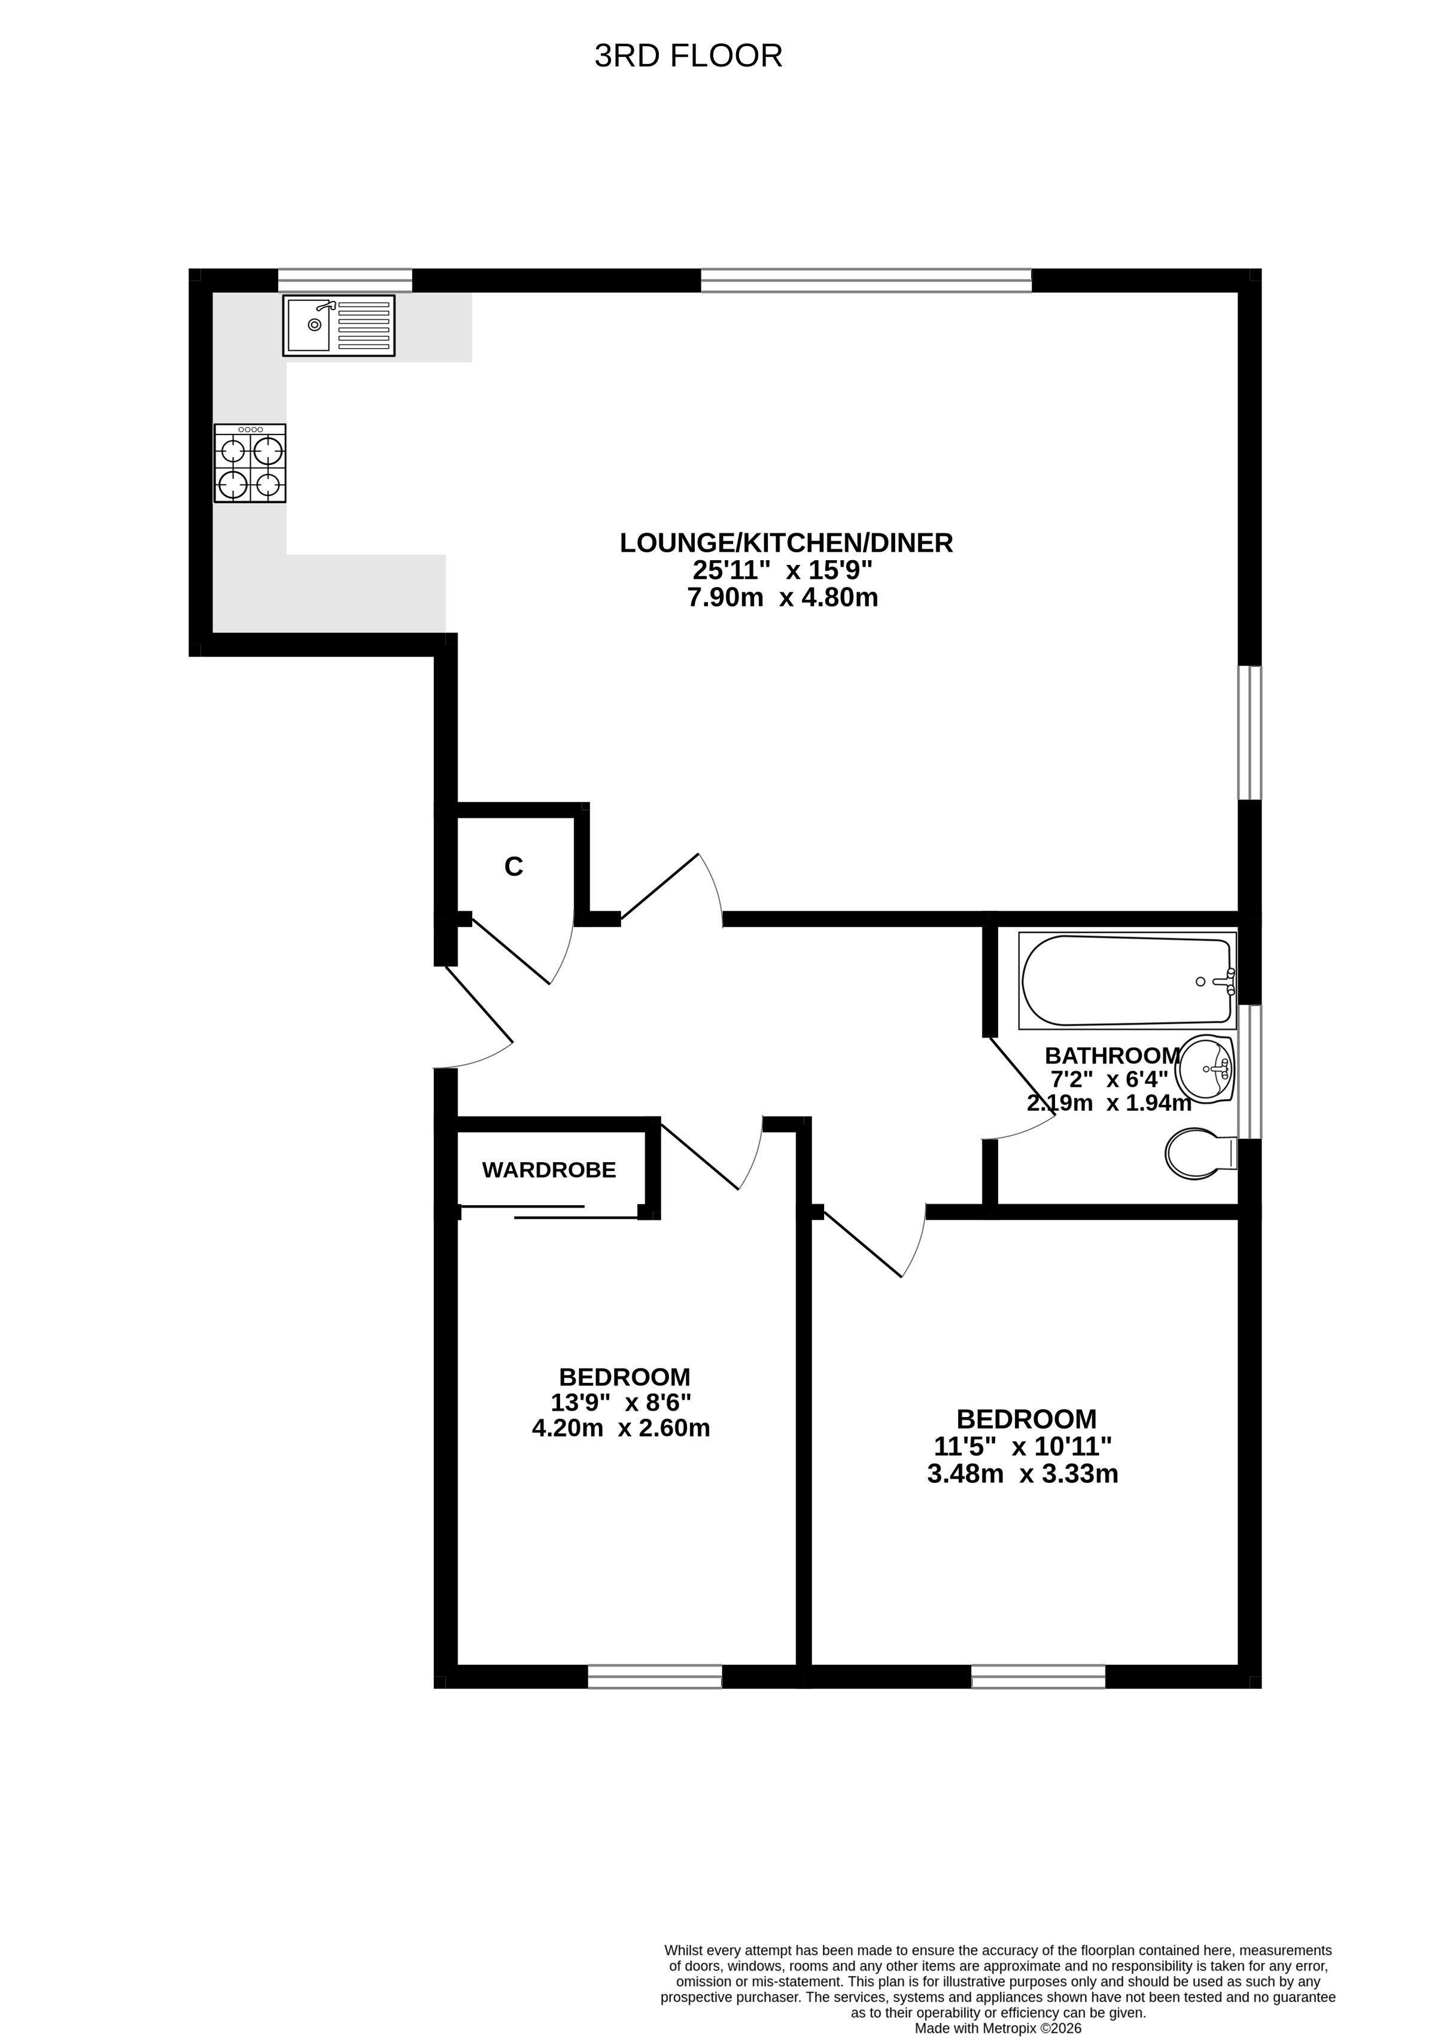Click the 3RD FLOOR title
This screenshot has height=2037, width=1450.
[688, 56]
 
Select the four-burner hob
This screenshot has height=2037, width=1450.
[250, 463]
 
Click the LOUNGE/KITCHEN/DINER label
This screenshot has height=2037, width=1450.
[786, 543]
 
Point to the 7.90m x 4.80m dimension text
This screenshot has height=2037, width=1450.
[782, 597]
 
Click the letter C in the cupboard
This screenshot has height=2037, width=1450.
[513, 867]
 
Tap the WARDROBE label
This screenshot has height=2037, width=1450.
[549, 1170]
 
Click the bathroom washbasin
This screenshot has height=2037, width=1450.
[1205, 1069]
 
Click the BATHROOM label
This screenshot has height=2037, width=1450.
[1112, 1055]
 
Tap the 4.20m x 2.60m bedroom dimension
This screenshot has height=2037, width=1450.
[621, 1428]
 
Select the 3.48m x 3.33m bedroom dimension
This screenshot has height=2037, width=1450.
[1023, 1474]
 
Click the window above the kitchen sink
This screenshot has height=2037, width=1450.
[345, 280]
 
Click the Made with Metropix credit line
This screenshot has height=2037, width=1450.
[998, 2003]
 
